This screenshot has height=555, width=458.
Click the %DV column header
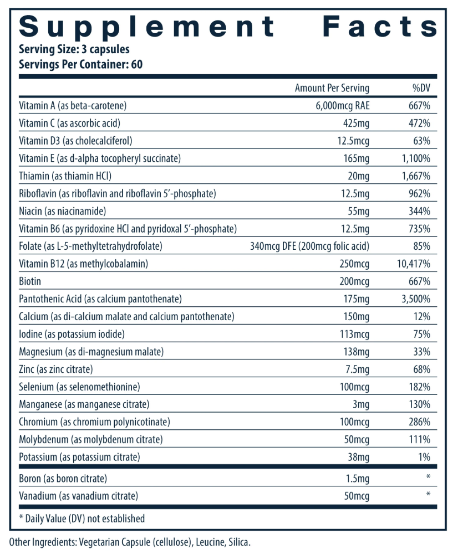click(421, 88)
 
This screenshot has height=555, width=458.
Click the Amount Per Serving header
click(332, 88)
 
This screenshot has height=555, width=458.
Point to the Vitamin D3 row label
click(75, 141)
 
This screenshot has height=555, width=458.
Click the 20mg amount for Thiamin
click(358, 176)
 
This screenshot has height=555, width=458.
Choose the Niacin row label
click(62, 211)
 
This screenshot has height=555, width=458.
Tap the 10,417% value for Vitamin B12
click(414, 264)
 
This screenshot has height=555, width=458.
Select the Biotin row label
click(30, 281)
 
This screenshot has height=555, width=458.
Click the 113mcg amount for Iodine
click(354, 334)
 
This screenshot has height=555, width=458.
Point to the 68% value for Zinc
click(422, 369)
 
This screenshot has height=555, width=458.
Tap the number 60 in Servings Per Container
click(136, 64)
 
